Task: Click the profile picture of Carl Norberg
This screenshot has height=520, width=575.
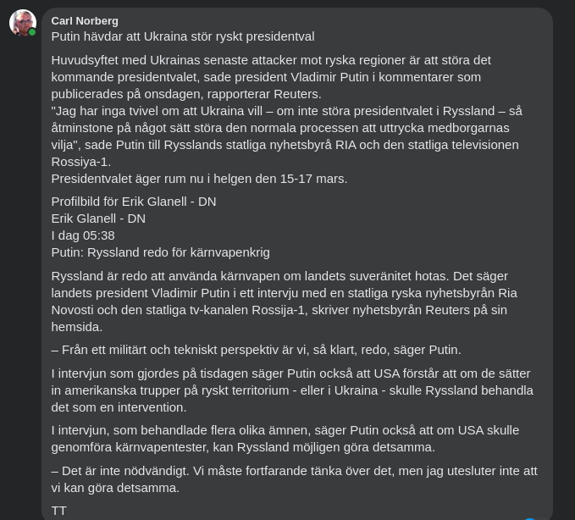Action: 22,22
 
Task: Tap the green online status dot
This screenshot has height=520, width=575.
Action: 32,32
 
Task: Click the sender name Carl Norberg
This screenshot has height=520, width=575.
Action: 85,20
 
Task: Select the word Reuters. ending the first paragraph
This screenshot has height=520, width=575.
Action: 297,94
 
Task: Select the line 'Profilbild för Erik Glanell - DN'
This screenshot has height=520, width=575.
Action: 134,202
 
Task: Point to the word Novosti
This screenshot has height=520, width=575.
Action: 74,310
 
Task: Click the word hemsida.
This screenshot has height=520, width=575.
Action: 76,327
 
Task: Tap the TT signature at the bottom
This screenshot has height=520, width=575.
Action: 59,511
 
